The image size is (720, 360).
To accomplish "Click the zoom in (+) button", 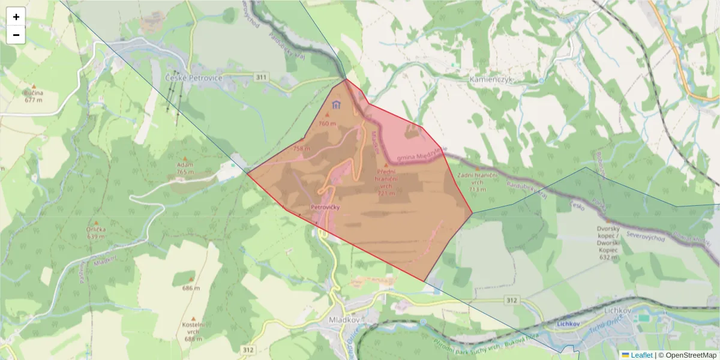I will tap(16, 17).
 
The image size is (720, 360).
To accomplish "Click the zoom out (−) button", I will tap(16, 35).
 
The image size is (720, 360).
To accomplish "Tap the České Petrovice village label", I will tap(193, 79).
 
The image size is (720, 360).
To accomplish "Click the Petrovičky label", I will tap(325, 207).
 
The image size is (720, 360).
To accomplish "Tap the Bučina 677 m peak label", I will tap(34, 96).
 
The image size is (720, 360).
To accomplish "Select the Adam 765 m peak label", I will tap(185, 168).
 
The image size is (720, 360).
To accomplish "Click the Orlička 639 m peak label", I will tap(96, 232).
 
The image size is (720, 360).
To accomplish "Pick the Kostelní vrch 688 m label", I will tap(193, 332).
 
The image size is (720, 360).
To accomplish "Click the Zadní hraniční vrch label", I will tap(478, 181).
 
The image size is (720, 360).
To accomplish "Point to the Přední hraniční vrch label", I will tap(386, 182).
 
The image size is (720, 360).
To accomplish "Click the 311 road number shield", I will tap(261, 77).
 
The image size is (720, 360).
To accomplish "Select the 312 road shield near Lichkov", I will tap(511, 299).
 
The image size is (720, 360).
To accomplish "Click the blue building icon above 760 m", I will tap(336, 105).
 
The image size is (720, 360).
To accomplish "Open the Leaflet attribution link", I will tap(641, 355).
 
